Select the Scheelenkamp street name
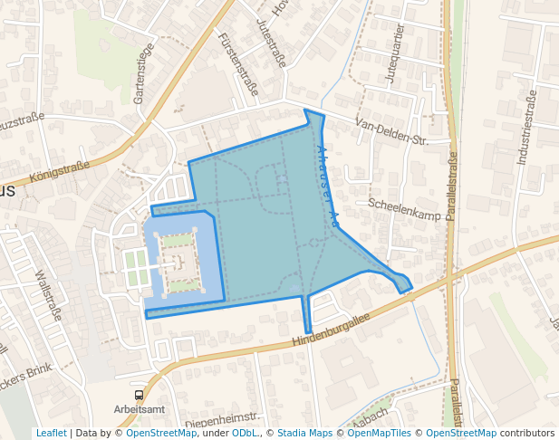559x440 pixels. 403,209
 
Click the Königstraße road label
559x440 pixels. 59,171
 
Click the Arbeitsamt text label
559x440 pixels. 139,409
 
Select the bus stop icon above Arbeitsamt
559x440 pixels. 139,395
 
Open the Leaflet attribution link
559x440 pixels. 51,434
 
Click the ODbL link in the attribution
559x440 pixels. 245,434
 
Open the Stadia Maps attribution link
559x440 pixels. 304,434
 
